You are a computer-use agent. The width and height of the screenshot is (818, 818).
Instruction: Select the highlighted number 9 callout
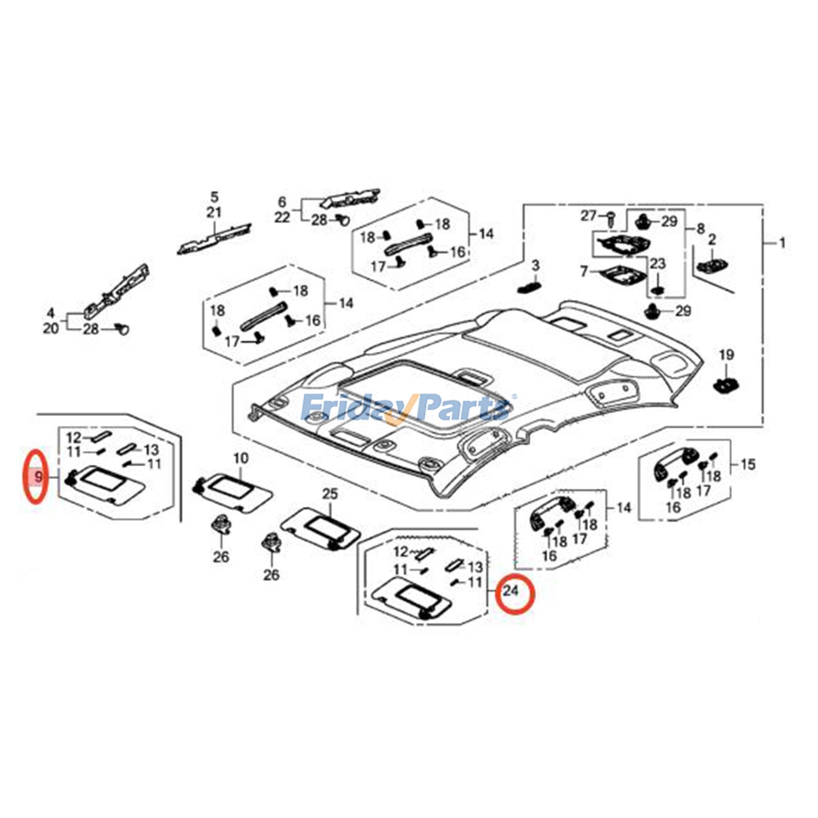(38, 478)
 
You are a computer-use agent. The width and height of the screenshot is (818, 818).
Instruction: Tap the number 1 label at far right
(782, 243)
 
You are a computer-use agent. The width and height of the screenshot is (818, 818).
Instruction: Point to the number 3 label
(535, 266)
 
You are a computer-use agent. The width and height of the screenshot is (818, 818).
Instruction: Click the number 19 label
(726, 355)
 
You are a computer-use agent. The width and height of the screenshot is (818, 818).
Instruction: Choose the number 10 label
(240, 458)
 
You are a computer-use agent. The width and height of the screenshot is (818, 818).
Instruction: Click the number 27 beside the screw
(588, 216)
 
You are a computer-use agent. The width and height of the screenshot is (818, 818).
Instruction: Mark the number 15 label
(747, 465)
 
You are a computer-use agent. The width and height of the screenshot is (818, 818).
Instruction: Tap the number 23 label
(657, 264)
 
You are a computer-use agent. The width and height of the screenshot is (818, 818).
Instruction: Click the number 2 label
(712, 239)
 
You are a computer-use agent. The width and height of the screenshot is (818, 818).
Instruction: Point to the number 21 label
(214, 213)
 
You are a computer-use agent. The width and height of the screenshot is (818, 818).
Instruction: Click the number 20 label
(51, 328)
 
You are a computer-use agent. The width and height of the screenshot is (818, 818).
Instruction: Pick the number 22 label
(282, 218)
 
